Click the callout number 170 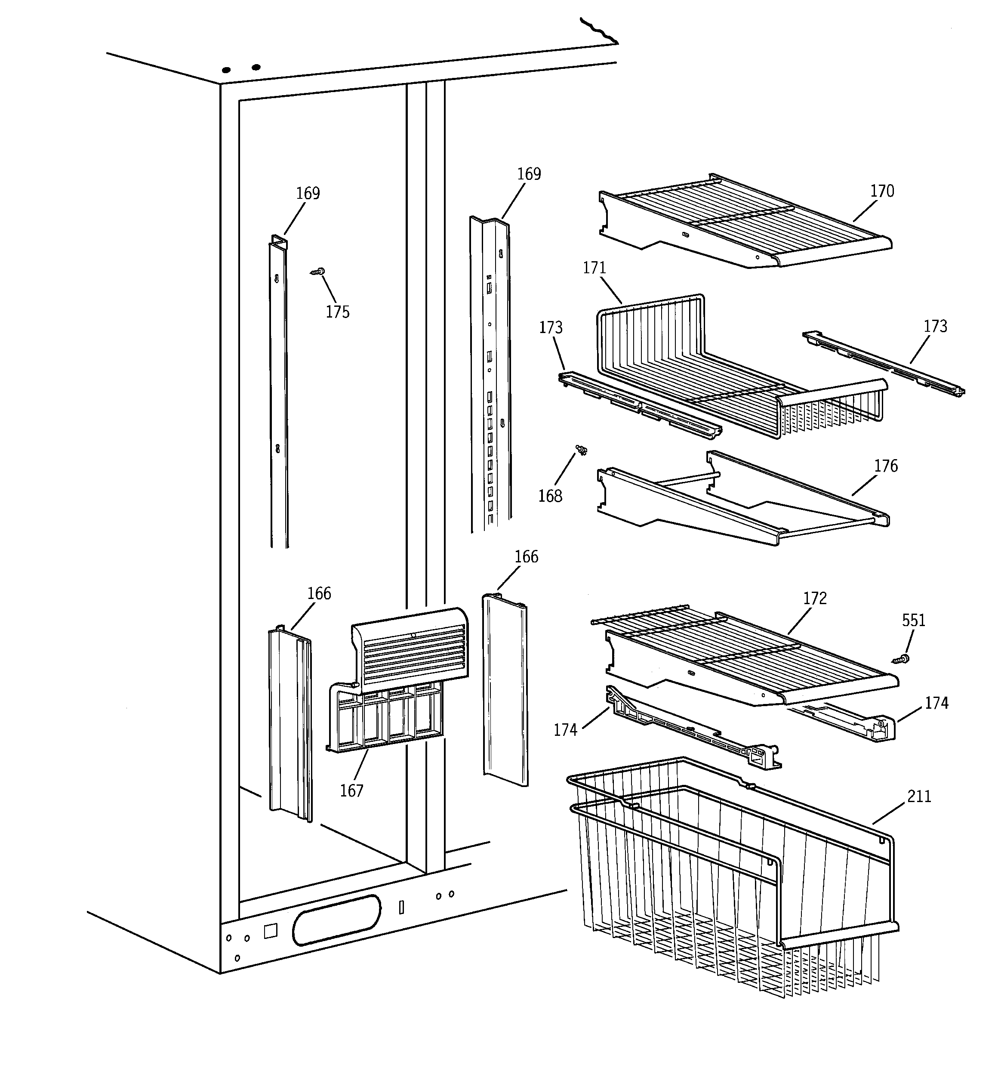tap(882, 191)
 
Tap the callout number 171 tap(594, 268)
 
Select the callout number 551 tap(913, 620)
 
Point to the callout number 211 tap(919, 796)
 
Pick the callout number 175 tap(338, 312)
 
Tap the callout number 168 tap(550, 496)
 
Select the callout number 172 tap(815, 599)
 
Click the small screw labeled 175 tap(319, 272)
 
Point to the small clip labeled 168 tap(581, 450)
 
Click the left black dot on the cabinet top tap(226, 70)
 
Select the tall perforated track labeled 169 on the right tap(490, 375)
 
